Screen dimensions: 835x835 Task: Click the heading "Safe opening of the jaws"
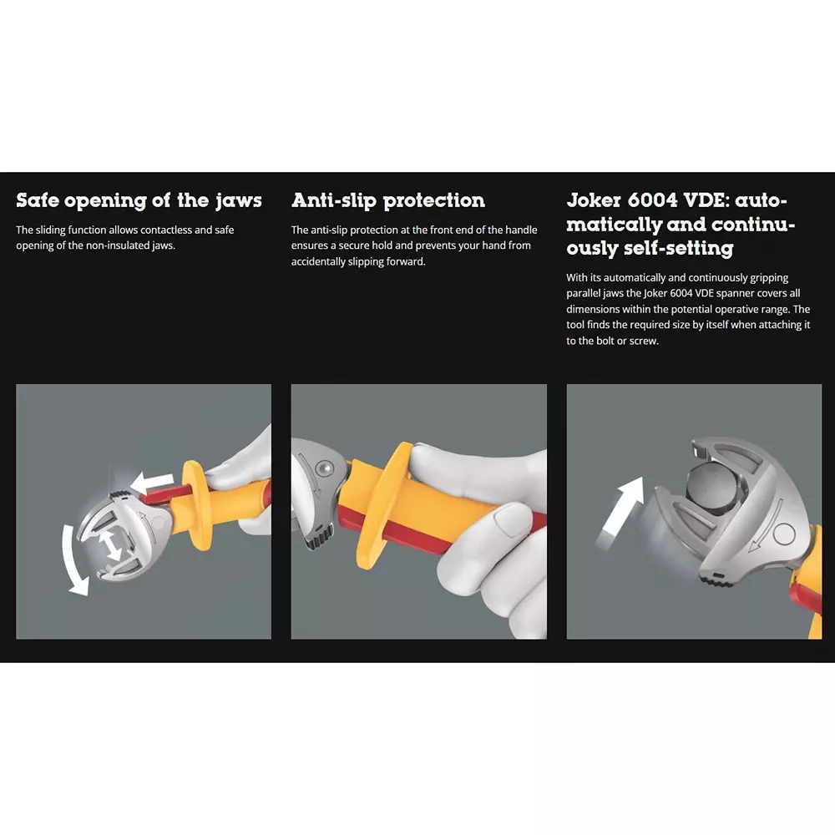tap(139, 201)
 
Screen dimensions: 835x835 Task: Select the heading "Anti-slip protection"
tap(388, 201)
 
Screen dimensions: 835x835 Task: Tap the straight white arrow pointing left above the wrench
tap(152, 483)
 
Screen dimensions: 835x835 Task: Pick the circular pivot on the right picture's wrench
tap(784, 533)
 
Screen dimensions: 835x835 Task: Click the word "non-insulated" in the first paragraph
tap(119, 246)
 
